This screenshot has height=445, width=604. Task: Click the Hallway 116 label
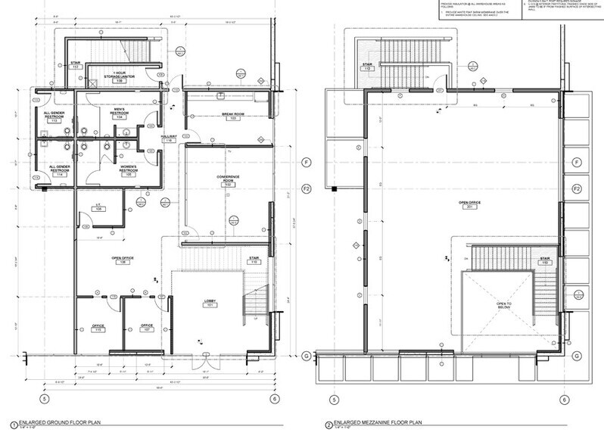coord(168,138)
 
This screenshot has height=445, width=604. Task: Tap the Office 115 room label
coord(98,328)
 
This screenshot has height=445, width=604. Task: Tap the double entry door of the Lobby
coord(204,356)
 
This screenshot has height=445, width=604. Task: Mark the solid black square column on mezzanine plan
coord(332,187)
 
